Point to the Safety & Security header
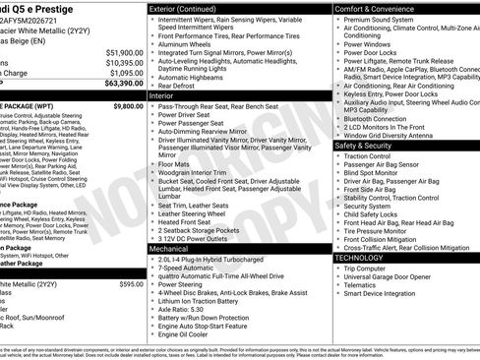point(369,145)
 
